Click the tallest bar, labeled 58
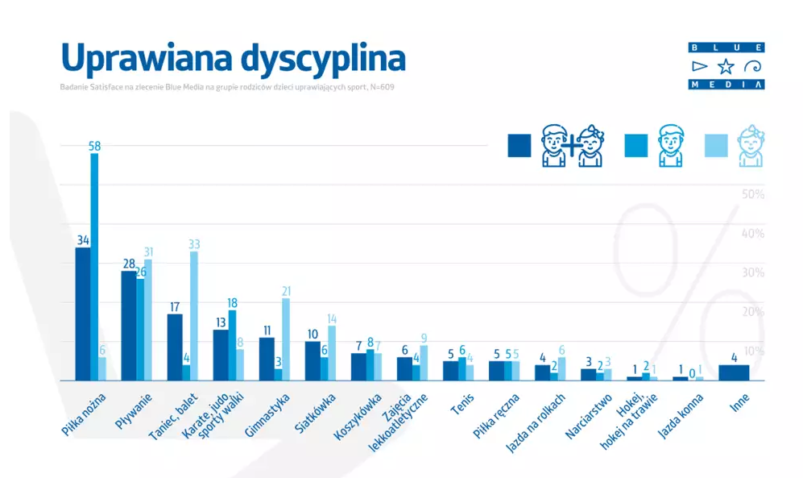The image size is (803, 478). tap(94, 266)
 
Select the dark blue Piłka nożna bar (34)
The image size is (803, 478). tap(82, 314)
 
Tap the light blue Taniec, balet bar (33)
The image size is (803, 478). tap(194, 315)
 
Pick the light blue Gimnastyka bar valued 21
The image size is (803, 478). tap(286, 339)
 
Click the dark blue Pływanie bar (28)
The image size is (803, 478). tap(128, 326)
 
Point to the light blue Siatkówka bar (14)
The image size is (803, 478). tap(332, 352)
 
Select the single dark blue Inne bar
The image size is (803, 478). tap(734, 372)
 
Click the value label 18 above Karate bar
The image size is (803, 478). tap(232, 302)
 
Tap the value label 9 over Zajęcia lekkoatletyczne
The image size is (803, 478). tap(424, 339)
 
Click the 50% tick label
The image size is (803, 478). tap(752, 195)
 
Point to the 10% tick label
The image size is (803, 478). tap(752, 351)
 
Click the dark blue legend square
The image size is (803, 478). tap(519, 145)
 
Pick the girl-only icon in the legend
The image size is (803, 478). tap(751, 146)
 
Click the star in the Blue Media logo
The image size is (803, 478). tap(726, 66)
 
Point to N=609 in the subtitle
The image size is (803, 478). tap(382, 86)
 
